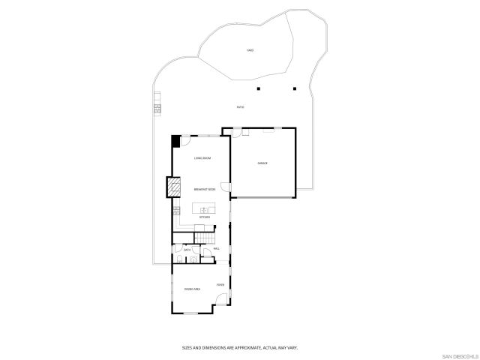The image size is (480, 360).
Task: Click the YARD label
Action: (x=250, y=50)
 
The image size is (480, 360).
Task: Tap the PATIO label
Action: (x=240, y=107)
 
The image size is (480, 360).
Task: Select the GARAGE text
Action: (x=262, y=163)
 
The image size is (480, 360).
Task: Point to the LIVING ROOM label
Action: (x=202, y=158)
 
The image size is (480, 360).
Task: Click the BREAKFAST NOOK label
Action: (x=205, y=190)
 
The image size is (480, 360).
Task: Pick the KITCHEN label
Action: (x=204, y=217)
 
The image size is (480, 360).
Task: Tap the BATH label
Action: (x=187, y=249)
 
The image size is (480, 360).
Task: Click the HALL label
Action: (x=216, y=248)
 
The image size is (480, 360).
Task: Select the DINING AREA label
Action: (x=192, y=289)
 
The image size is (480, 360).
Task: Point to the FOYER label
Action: (x=220, y=284)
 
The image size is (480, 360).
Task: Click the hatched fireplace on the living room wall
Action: (x=174, y=186)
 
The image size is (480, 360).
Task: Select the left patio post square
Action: (x=258, y=88)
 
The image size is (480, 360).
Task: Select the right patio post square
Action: (x=295, y=88)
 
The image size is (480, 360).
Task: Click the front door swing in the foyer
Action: (x=222, y=302)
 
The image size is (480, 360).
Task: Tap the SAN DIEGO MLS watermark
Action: (x=459, y=355)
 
